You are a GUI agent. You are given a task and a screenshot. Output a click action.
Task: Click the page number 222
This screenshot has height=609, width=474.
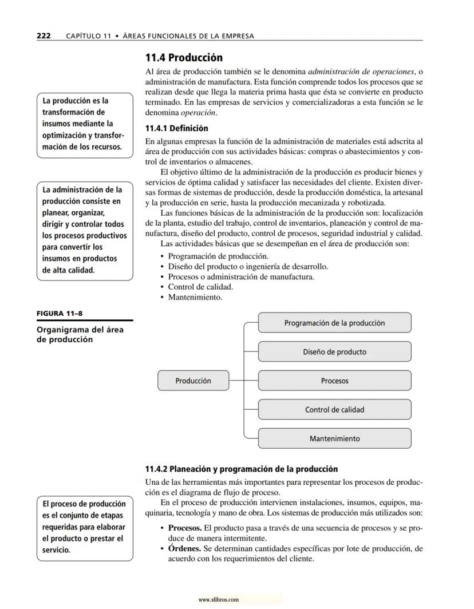(x=44, y=36)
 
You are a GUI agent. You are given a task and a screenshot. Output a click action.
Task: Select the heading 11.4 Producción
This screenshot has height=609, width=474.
(x=184, y=58)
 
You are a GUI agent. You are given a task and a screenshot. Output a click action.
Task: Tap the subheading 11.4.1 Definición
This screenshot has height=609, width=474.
(x=177, y=128)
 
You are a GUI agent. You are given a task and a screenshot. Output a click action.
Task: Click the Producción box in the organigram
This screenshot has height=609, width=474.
(x=193, y=381)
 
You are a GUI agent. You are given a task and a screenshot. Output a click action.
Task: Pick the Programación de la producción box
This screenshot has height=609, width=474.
(x=334, y=323)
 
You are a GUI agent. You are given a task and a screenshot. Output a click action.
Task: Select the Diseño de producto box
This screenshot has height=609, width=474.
(x=334, y=351)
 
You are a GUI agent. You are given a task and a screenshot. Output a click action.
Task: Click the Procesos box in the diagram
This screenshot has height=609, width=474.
(x=334, y=381)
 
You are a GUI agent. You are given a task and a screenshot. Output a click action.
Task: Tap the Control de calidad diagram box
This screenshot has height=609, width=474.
(x=334, y=409)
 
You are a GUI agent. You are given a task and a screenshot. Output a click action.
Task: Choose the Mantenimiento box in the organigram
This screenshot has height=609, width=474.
(x=334, y=438)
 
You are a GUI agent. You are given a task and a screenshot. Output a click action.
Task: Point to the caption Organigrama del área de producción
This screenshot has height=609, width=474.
(x=80, y=334)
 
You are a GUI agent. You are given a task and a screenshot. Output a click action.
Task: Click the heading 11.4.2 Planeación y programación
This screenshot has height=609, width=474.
(x=241, y=469)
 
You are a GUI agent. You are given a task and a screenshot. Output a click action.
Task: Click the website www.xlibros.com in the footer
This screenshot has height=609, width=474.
(x=218, y=600)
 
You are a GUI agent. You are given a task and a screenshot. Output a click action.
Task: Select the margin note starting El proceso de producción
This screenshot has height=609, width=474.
(x=84, y=527)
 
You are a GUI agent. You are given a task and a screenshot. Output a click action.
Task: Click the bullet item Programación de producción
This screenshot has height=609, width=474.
(x=218, y=256)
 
